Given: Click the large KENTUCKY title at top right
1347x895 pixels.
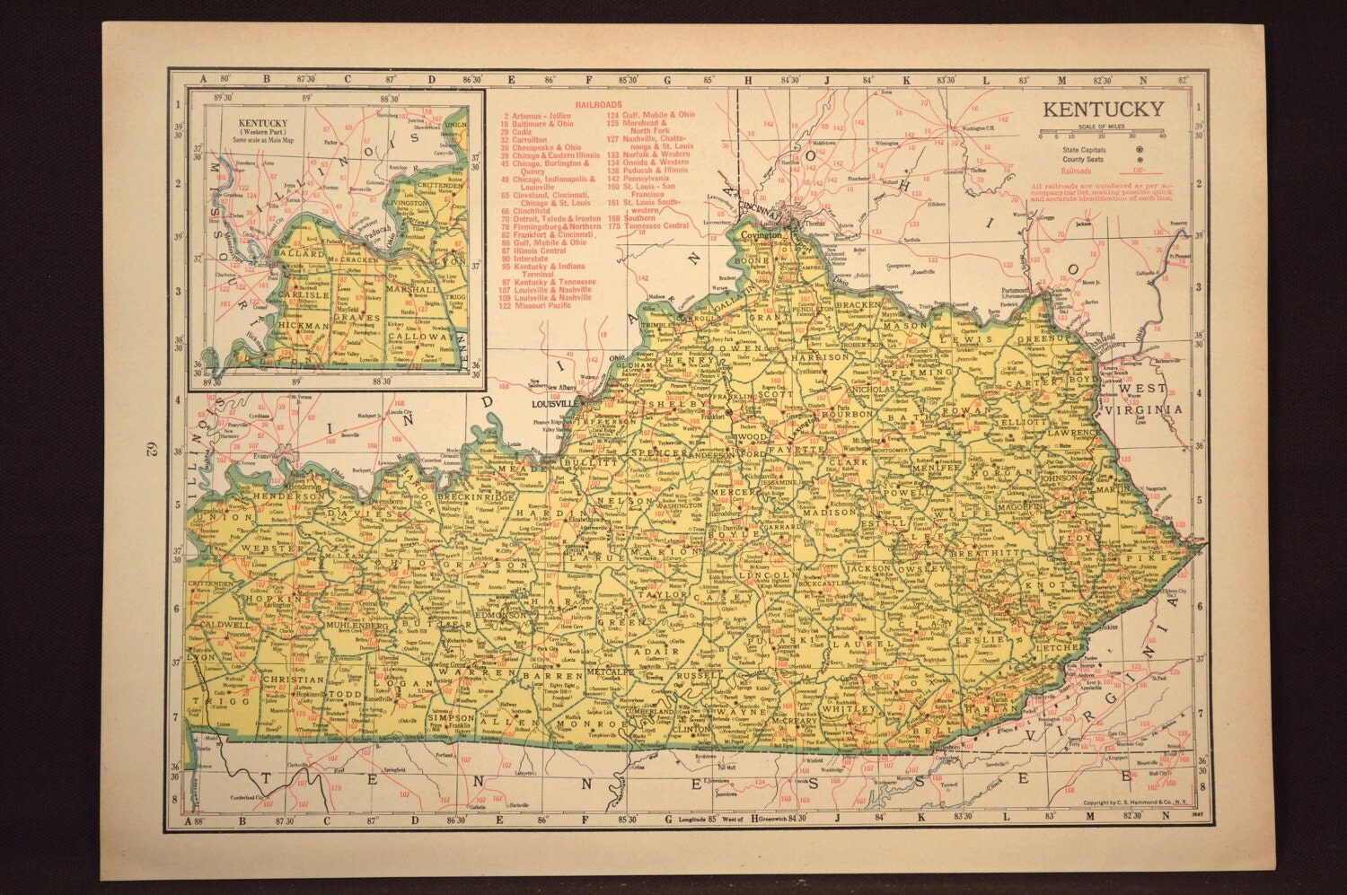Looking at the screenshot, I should [x=1102, y=110].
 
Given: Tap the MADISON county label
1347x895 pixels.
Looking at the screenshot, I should [x=818, y=512].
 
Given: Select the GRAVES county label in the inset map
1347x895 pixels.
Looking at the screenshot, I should [x=350, y=317].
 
